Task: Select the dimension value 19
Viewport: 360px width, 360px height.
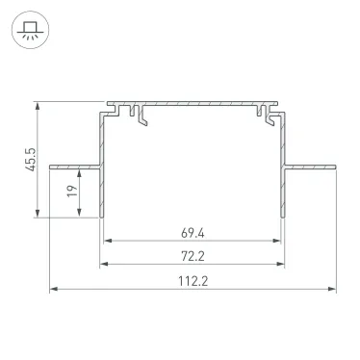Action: click(x=71, y=192)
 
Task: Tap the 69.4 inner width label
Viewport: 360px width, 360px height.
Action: click(x=193, y=233)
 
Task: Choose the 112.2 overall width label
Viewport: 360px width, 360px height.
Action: click(x=193, y=281)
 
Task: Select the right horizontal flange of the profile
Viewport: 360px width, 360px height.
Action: click(x=313, y=164)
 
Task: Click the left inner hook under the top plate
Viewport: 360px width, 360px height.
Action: click(x=142, y=116)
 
